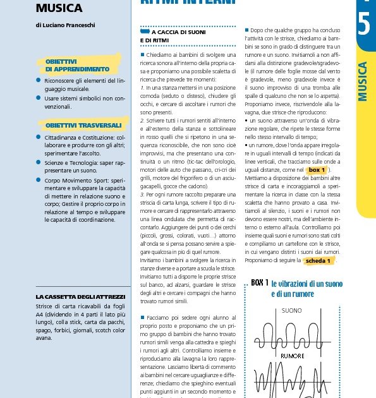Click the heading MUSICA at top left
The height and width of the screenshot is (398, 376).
coord(59,8)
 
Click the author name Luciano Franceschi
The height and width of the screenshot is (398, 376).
coord(65,25)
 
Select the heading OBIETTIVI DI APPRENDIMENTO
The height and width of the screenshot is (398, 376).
coord(77,65)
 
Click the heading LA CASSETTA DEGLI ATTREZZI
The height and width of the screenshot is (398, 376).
coord(80,296)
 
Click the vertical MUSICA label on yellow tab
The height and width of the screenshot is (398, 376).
coord(363,81)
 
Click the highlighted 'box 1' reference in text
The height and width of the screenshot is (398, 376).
coord(317,170)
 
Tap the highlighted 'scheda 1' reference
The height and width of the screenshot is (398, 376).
coord(318,260)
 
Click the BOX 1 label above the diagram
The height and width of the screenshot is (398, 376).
coord(260,282)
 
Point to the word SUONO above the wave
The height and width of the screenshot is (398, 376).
coord(291,311)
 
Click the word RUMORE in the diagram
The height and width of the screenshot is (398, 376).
coord(293,356)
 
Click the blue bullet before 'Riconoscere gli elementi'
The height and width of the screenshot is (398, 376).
coord(39,81)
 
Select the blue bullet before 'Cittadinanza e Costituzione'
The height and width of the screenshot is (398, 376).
coord(39,136)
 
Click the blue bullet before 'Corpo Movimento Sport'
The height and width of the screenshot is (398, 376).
coord(39,179)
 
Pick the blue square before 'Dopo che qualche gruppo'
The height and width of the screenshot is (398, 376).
coord(246,30)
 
